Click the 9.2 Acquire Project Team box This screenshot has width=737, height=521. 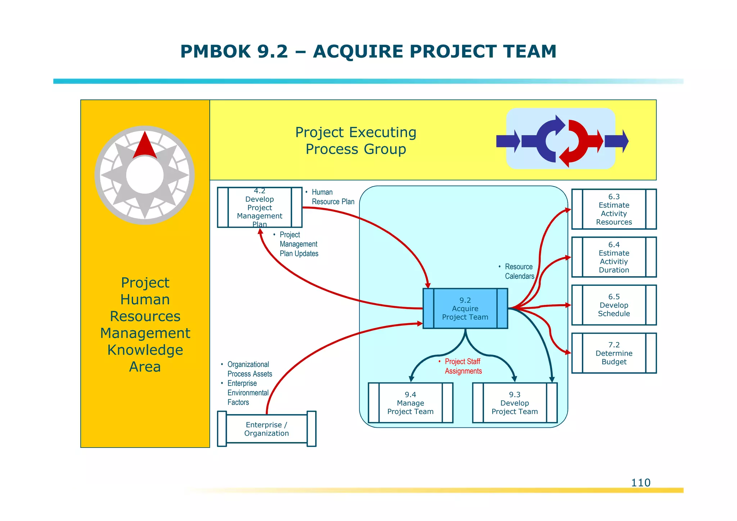click(x=465, y=309)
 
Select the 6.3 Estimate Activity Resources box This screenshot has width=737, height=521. click(x=614, y=209)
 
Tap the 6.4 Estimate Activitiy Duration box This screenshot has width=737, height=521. click(x=614, y=257)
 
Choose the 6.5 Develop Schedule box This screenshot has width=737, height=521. click(x=614, y=305)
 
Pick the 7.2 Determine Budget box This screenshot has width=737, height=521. click(x=614, y=353)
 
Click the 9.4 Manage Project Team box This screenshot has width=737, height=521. click(x=410, y=403)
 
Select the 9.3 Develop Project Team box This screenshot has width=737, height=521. click(x=515, y=403)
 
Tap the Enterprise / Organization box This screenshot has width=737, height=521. click(x=266, y=429)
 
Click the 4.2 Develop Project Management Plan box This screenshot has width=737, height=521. click(x=259, y=207)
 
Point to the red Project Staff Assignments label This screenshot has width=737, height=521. click(x=463, y=366)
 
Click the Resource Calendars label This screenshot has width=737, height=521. click(x=519, y=271)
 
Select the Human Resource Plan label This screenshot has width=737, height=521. click(x=333, y=197)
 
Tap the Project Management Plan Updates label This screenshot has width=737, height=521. click(x=298, y=244)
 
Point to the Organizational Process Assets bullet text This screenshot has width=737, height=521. click(x=249, y=369)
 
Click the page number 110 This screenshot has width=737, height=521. click(x=641, y=483)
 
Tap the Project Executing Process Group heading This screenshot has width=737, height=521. click(x=356, y=141)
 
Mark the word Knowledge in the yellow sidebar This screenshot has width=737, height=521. click(x=145, y=350)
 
